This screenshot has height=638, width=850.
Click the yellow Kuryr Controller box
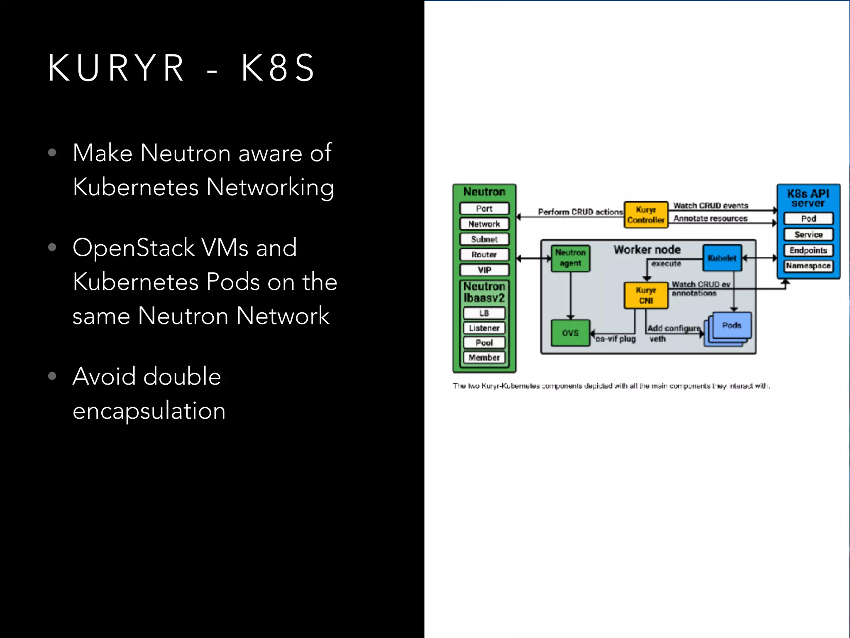pos(646,215)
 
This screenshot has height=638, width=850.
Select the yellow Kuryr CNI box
pos(646,295)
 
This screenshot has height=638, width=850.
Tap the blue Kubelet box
pos(722,258)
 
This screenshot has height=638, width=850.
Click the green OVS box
pos(570,333)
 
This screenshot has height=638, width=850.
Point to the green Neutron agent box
pos(570,258)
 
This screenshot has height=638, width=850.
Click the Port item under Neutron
pos(484,209)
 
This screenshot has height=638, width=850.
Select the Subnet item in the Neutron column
pos(484,239)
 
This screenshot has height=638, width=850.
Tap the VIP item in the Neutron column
pos(484,270)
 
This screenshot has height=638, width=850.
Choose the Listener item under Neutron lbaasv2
pos(484,328)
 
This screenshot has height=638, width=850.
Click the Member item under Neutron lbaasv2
pos(484,358)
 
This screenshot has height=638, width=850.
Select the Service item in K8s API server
pos(808,235)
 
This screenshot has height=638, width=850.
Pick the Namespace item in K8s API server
pos(808,266)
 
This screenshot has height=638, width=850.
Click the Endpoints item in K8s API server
pos(808,250)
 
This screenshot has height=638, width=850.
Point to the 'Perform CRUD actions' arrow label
pos(580,212)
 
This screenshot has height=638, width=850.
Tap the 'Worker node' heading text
pos(647,250)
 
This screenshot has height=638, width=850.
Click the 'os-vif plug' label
pos(616,339)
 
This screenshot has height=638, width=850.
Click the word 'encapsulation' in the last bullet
pos(149,411)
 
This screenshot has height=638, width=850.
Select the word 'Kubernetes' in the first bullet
pos(136,187)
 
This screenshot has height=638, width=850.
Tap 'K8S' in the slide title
pos(278,68)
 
